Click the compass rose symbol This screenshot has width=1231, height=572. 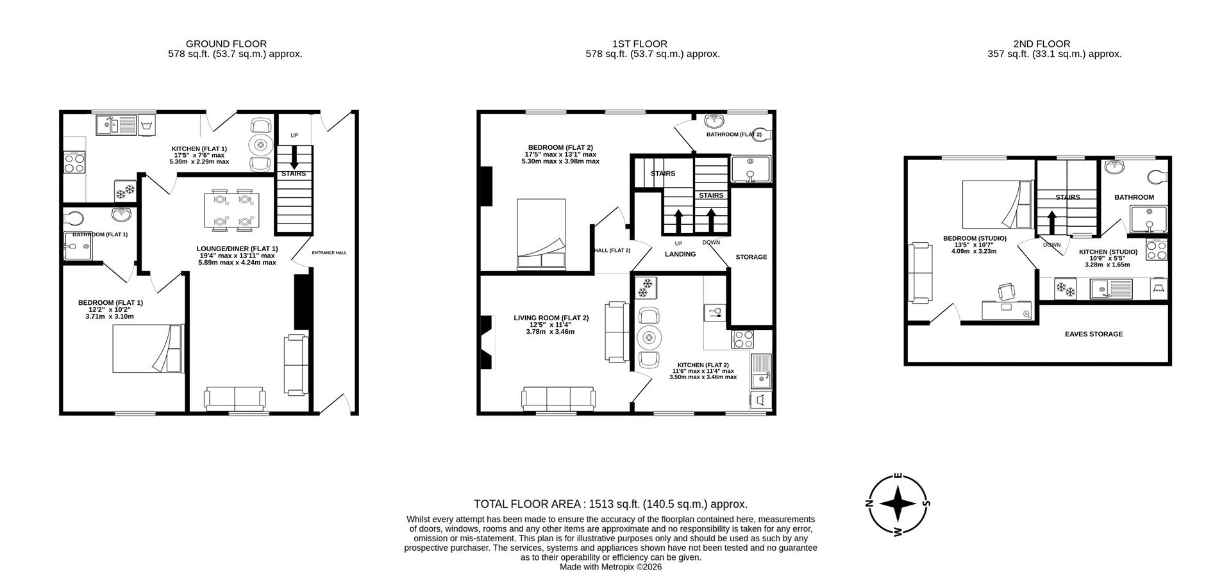[x=898, y=504]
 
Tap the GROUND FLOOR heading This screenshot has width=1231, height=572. [x=226, y=44]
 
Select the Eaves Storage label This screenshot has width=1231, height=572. [x=1094, y=334]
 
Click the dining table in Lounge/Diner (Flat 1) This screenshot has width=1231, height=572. [x=231, y=209]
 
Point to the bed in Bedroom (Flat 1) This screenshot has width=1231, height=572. [x=148, y=348]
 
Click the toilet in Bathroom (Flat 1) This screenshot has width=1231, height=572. [x=72, y=218]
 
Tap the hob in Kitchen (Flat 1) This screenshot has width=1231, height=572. [x=74, y=162]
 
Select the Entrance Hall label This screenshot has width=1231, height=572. [x=329, y=253]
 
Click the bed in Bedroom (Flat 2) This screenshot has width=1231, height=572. [x=541, y=234]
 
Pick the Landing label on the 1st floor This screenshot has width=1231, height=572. [x=680, y=254]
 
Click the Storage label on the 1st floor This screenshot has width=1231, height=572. [x=751, y=257]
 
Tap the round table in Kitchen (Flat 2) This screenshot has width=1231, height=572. [x=649, y=338]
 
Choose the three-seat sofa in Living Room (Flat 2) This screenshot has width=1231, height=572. [x=558, y=398]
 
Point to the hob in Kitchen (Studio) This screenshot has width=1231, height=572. [x=1156, y=249]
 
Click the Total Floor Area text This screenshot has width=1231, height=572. [x=610, y=504]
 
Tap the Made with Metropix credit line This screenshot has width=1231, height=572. [x=610, y=567]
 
